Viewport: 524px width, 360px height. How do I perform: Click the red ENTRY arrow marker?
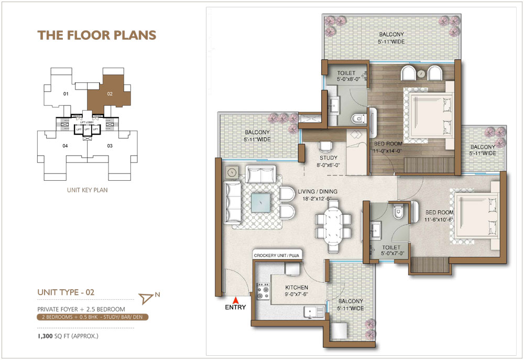pos(236,300)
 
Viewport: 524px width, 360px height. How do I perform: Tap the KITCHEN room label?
pos(297,288)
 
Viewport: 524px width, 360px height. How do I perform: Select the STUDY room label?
pos(329,158)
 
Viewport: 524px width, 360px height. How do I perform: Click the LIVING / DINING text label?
pos(318,191)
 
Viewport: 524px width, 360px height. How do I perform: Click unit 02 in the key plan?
pos(110,94)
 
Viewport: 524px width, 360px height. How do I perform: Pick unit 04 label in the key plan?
pos(65,146)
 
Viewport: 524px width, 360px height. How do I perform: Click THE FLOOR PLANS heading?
pos(97,35)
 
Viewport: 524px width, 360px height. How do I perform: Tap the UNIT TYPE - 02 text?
pos(66,291)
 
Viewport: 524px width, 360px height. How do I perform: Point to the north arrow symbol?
pos(147,298)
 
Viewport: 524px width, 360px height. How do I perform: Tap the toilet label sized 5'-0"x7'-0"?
pos(391,250)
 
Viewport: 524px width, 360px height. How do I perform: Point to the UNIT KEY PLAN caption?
pos(88,190)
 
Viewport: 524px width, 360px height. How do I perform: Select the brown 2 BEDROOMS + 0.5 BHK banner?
pos(92,317)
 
